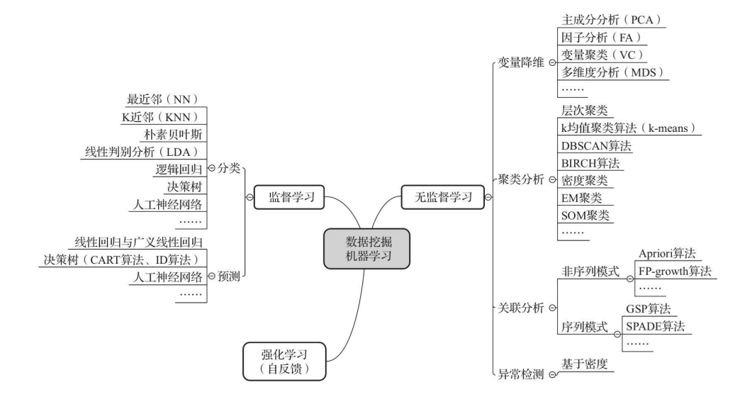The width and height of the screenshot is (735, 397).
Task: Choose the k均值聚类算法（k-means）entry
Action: [630, 128]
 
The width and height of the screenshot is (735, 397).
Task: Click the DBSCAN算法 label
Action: [595, 145]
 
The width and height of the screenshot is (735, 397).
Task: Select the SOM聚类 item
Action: [584, 215]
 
